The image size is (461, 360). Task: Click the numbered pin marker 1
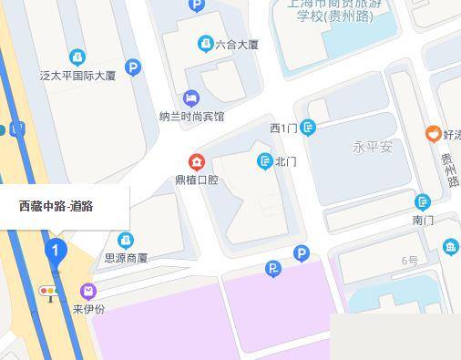tap(56, 250)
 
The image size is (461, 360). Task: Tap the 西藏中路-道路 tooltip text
tap(56, 206)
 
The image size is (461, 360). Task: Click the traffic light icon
tap(47, 291)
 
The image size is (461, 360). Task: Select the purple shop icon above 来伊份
tap(88, 292)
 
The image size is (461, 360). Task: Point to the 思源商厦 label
tap(126, 258)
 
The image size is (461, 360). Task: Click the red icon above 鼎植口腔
tap(196, 162)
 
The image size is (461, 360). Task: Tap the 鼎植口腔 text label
tap(197, 180)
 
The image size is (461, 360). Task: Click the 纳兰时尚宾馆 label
tap(191, 117)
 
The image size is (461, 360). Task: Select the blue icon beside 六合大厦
tap(205, 43)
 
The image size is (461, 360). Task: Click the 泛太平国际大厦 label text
tap(78, 76)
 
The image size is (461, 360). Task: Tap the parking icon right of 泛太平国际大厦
tap(133, 67)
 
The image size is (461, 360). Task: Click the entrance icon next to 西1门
tap(308, 128)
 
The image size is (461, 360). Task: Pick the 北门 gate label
tap(286, 162)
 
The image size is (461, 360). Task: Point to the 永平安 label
tap(372, 147)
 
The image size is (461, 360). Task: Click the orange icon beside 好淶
tap(432, 134)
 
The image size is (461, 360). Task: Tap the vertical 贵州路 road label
tap(448, 170)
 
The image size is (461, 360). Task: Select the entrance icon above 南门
tap(422, 202)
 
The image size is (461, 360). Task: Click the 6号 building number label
tap(409, 261)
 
